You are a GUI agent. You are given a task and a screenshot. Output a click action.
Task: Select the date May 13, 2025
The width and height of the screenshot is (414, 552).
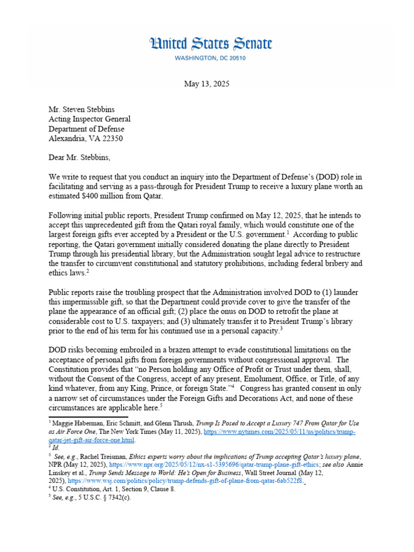pyautogui.click(x=206, y=84)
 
